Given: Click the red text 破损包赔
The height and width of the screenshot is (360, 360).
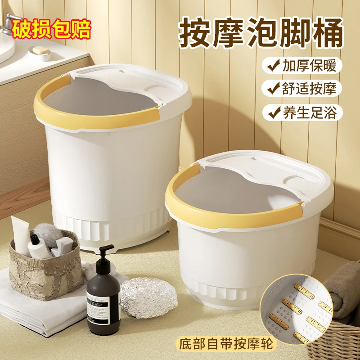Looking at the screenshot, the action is pos(51,29).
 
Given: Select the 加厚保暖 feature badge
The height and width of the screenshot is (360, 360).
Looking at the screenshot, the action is pos(302,65).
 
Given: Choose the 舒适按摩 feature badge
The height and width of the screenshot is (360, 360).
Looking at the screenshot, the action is pos(302,88).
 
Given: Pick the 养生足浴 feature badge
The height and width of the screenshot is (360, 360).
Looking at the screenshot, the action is pos(302,112).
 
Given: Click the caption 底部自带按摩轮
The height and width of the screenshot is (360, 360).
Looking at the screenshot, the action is pos(226,345).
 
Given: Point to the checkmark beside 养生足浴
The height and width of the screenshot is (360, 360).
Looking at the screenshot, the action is pos(274,112).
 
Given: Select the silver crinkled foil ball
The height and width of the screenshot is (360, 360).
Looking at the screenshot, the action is pos(149,297).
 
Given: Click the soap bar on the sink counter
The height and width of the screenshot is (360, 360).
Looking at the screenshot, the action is pos(40,50).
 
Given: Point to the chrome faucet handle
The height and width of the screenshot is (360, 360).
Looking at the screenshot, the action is pos(9,22).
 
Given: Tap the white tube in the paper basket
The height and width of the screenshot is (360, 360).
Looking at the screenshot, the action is pos(20,236).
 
